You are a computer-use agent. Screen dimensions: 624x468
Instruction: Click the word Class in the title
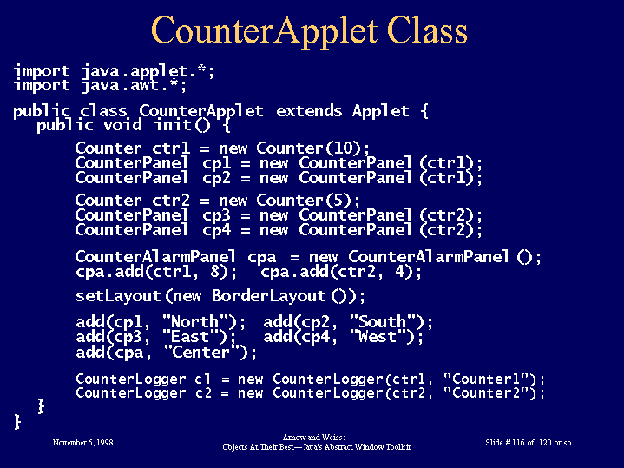point(427,30)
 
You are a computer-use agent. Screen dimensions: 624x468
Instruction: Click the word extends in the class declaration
point(309,111)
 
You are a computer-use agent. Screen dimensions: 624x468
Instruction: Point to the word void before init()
point(122,125)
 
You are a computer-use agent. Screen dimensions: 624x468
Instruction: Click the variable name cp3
point(216,216)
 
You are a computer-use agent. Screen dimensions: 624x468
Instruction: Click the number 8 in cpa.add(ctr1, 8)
point(215,271)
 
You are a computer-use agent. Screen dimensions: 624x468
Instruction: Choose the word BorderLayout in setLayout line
point(269,296)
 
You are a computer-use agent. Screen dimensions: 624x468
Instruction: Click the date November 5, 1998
point(82,443)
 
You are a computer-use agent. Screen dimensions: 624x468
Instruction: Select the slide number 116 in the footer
point(518,443)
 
